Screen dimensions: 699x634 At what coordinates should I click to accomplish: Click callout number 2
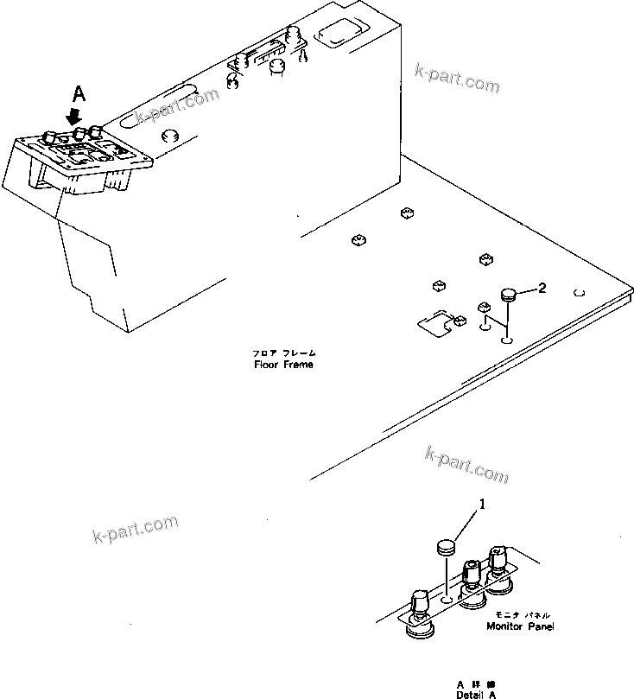click(x=542, y=289)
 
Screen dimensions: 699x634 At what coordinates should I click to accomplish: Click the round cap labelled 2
click(x=507, y=296)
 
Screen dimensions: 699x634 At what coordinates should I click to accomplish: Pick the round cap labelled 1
click(x=445, y=547)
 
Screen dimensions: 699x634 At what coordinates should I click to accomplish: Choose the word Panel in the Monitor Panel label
click(x=541, y=626)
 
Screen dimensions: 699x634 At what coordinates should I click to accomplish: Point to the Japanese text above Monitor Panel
click(x=522, y=615)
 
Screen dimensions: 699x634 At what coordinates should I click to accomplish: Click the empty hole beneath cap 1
click(x=446, y=599)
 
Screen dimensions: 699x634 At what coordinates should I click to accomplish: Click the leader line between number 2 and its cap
click(x=524, y=292)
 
